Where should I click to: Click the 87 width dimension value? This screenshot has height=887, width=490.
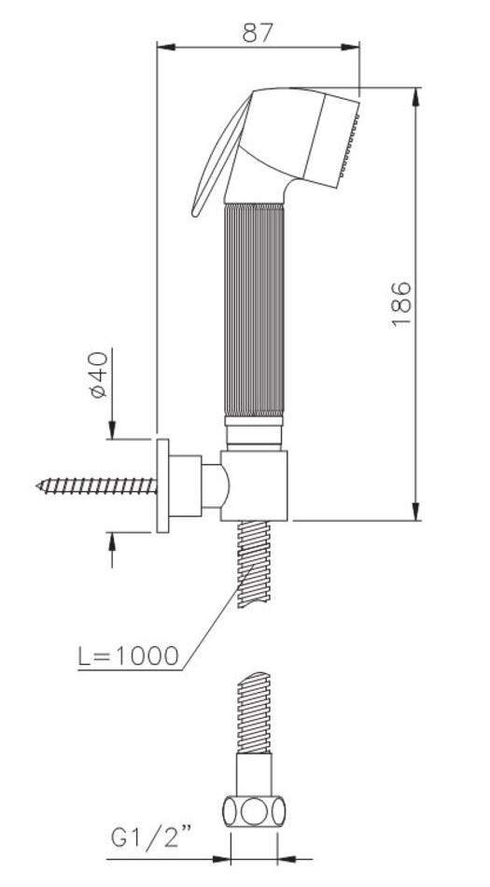tap(258, 33)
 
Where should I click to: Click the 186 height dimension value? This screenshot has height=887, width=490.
tap(401, 303)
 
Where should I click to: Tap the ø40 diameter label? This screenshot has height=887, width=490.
tap(98, 375)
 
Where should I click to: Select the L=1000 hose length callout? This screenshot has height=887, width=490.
tap(128, 655)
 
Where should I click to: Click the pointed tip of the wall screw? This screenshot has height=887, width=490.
tap(37, 486)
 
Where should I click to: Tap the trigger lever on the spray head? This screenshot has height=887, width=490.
tap(221, 156)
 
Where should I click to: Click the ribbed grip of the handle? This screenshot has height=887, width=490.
tap(254, 309)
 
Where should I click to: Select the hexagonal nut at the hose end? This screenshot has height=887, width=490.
tap(254, 811)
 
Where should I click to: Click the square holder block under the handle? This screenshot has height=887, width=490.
tap(254, 486)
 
